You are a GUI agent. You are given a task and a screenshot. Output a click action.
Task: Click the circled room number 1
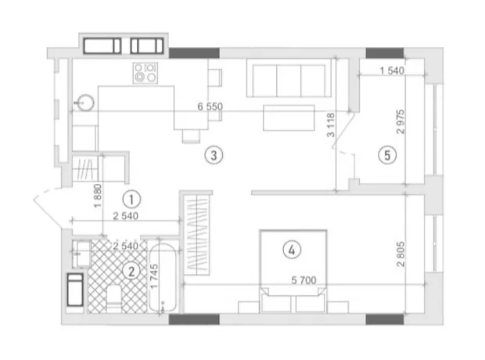coord(131,200)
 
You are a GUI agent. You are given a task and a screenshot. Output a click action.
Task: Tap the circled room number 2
coord(131,272)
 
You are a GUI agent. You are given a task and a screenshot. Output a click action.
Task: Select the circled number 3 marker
coord(214,155)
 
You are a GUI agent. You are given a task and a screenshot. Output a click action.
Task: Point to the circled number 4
coord(292,250)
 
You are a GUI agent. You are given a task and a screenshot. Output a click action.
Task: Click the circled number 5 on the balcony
coord(387,155)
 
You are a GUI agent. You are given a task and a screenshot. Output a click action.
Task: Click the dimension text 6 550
coord(210,106)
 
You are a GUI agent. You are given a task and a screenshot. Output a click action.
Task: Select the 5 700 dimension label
coord(304,280)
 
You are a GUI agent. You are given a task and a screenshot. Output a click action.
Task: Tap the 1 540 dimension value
coord(392,70)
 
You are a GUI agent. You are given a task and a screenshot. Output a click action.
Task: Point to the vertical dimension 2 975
coord(401,121)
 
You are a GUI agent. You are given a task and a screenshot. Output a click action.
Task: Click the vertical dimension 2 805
coord(401,254)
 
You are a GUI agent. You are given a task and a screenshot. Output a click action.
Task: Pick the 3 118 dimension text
coord(331,125)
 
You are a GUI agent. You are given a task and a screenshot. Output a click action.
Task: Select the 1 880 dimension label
coord(98,196)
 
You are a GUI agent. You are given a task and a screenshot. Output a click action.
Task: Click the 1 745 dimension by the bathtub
coord(154,276)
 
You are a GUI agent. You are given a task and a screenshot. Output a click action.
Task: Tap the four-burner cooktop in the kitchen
coord(145,73)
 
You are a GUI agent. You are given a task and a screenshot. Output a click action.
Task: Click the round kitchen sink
coord(85,103)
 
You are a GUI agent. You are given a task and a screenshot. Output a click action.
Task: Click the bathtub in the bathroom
coord(163,278)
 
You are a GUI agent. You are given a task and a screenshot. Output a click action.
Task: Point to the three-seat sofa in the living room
coord(289,78)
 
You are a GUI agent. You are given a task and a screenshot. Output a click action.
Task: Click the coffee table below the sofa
coord(289,117)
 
